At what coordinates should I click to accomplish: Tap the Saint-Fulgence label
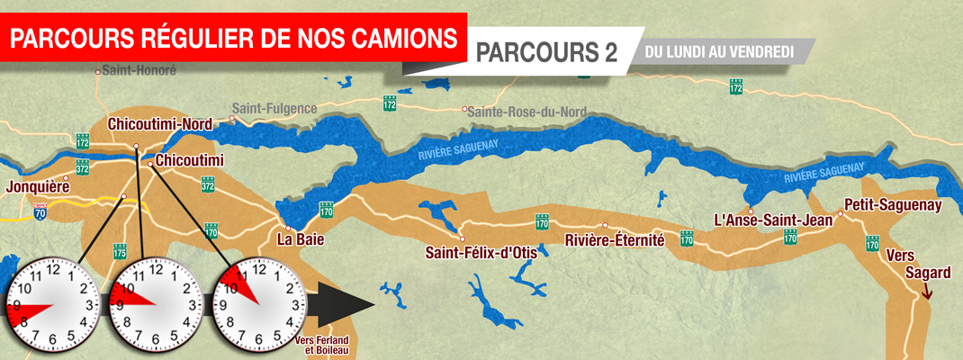pyautogui.click(x=274, y=108)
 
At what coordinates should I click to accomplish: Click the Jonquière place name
pyautogui.click(x=37, y=187)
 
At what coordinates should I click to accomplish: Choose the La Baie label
pyautogui.click(x=301, y=240)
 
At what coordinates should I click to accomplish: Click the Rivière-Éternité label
pyautogui.click(x=614, y=240)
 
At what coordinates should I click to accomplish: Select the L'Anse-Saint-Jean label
pyautogui.click(x=760, y=220)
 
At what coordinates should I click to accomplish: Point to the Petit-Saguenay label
pyautogui.click(x=893, y=204)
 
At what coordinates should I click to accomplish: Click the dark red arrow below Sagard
pyautogui.click(x=927, y=290)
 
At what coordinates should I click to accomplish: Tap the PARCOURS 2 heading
pyautogui.click(x=546, y=52)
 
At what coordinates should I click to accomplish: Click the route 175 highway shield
pyautogui.click(x=121, y=253)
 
